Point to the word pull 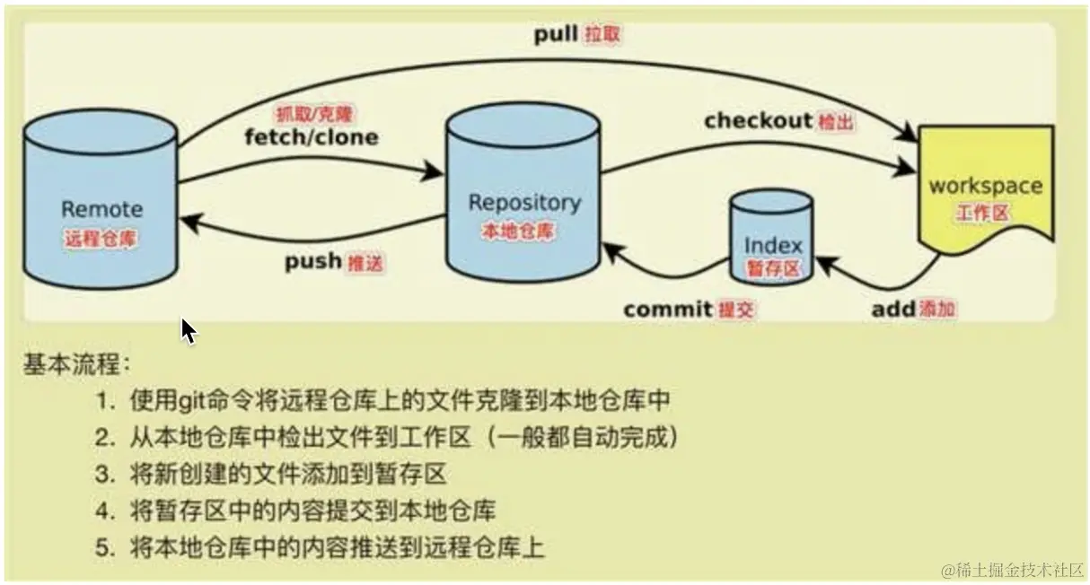tap(557, 35)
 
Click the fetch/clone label tap(311, 137)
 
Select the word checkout tap(758, 120)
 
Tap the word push tap(312, 262)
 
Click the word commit tap(668, 310)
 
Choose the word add tap(892, 310)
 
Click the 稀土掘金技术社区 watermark tap(1012, 569)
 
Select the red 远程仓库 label tap(101, 240)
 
